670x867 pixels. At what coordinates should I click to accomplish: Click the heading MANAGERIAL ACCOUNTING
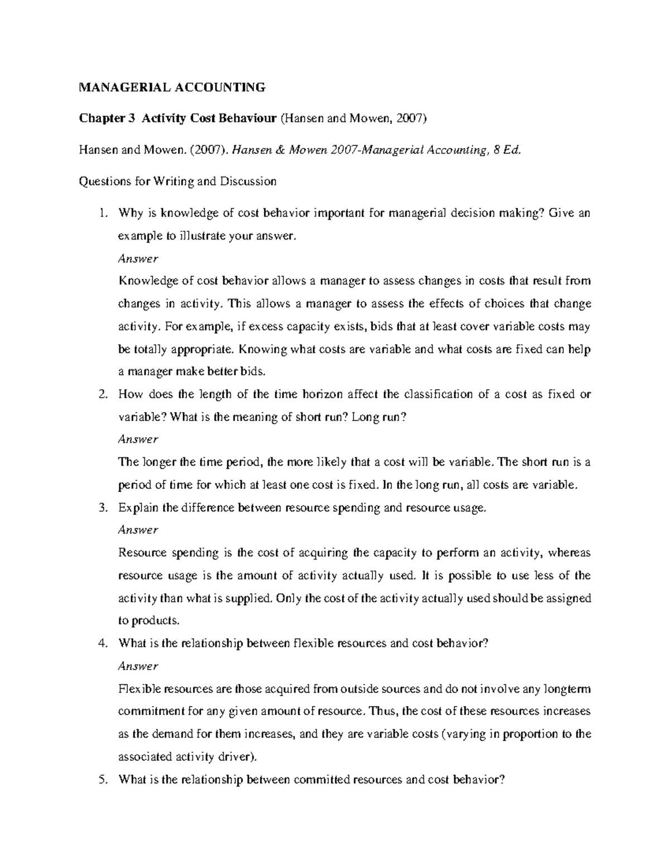[172, 87]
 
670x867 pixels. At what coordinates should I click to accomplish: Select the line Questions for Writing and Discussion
[178, 181]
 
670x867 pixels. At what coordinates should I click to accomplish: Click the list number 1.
[101, 213]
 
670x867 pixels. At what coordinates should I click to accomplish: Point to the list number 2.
[101, 394]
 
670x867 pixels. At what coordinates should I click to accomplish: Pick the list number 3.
[101, 508]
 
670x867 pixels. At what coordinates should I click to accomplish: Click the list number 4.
[101, 643]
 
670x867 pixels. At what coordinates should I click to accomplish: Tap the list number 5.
[101, 780]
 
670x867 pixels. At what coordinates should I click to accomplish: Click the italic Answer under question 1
[138, 258]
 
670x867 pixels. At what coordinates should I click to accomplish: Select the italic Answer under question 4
[138, 666]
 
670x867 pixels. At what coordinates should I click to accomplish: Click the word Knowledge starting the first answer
[144, 281]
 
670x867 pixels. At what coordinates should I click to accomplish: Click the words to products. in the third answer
[149, 621]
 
